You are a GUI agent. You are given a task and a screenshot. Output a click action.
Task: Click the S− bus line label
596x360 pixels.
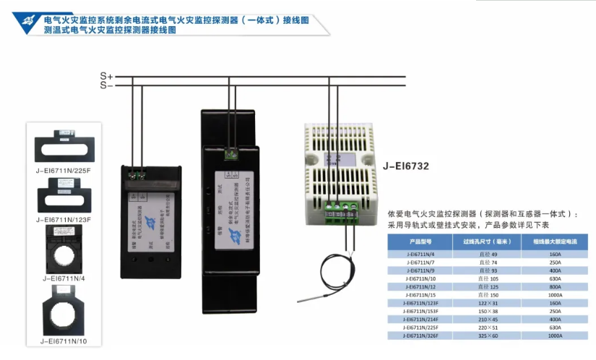pyautogui.click(x=106, y=85)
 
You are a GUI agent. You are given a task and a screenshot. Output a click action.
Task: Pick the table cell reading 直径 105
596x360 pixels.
pyautogui.click(x=489, y=278)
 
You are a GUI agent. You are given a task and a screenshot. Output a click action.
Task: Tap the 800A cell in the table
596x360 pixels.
pyautogui.click(x=556, y=286)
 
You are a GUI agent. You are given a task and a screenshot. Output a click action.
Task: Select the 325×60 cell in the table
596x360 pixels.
pyautogui.click(x=489, y=336)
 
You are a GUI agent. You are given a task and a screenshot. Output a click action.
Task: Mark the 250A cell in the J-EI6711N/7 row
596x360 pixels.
pyautogui.click(x=556, y=262)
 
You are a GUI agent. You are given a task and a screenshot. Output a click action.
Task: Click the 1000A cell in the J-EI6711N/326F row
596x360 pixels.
pyautogui.click(x=556, y=336)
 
